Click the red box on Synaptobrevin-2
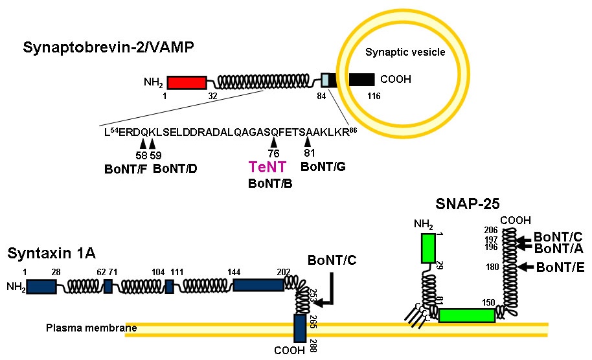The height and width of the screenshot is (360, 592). pyautogui.click(x=187, y=82)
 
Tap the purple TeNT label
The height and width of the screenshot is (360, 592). pyautogui.click(x=267, y=168)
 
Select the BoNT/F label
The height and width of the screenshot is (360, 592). pyautogui.click(x=126, y=170)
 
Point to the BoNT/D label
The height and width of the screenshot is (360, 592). pyautogui.click(x=175, y=170)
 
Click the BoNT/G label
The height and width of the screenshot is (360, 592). pyautogui.click(x=323, y=166)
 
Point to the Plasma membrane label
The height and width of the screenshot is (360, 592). pyautogui.click(x=91, y=328)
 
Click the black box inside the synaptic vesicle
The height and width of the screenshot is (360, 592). pyautogui.click(x=361, y=80)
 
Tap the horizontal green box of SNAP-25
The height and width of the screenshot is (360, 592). pyautogui.click(x=466, y=315)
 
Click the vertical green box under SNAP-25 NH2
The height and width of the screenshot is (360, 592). pyautogui.click(x=427, y=248)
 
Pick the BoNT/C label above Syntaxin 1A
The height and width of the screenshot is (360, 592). pyautogui.click(x=332, y=261)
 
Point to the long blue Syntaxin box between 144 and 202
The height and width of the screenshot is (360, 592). pyautogui.click(x=257, y=286)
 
